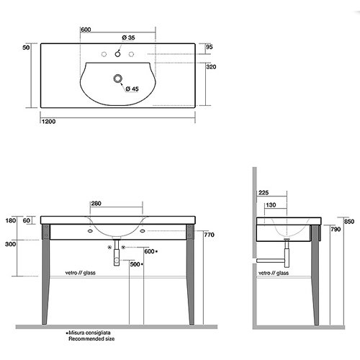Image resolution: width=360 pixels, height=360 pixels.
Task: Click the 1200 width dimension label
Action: pos(48,122)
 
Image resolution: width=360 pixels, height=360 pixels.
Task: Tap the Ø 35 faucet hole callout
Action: pos(128,37)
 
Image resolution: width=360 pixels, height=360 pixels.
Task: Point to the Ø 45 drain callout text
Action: pos(132,89)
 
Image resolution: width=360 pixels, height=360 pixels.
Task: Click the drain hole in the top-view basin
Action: pos(117,78)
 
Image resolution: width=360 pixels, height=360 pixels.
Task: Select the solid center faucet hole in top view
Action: pos(117,54)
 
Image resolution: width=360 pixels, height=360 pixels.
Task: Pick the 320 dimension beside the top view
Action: pos(211,67)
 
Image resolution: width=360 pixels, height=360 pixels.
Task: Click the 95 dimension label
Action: pos(210,47)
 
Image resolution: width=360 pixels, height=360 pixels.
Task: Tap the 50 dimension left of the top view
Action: pos(26,48)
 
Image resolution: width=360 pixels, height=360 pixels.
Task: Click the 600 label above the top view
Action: pos(86,30)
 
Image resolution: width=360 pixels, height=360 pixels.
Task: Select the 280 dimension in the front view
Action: pos(96,204)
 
